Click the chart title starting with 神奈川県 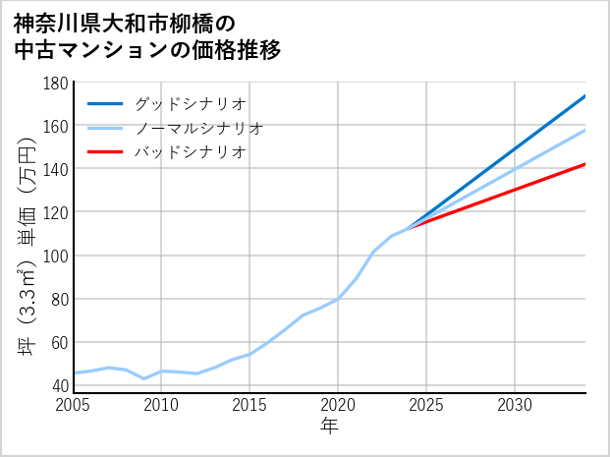147,35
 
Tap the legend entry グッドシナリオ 190,103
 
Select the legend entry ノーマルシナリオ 198,128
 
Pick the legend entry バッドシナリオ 190,152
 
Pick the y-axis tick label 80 58,299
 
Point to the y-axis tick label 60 58,342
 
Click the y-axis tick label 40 58,385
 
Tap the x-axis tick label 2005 74,405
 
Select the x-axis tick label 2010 161,405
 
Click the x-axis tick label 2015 250,405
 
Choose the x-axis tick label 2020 338,405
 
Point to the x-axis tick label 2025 426,405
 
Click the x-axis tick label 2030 515,405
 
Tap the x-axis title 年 329,427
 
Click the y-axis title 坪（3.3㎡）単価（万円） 28,237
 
